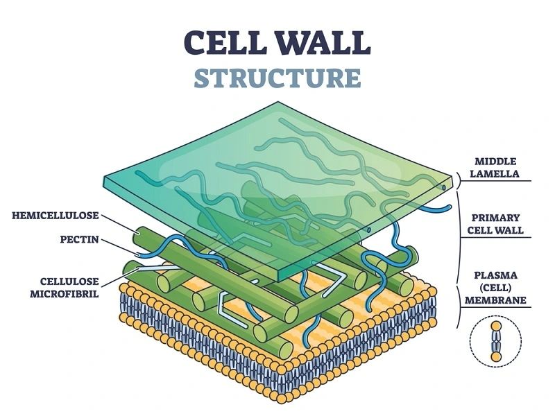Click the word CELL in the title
[x=221, y=42]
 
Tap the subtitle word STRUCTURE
[x=277, y=78]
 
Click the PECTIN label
[x=78, y=240]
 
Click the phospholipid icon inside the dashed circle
[x=496, y=340]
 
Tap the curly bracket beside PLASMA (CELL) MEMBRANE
[x=459, y=305]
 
